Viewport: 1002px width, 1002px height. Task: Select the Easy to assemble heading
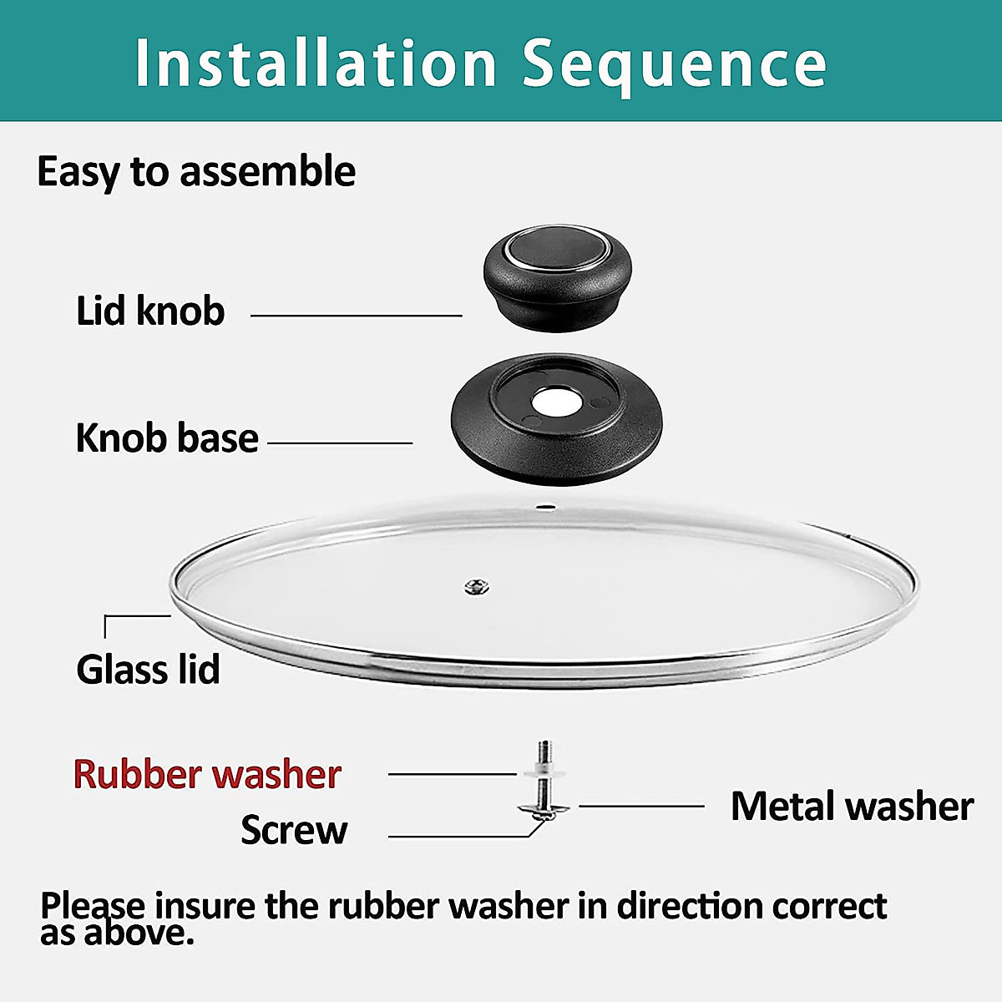tap(196, 171)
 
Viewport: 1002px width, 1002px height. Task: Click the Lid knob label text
tap(150, 311)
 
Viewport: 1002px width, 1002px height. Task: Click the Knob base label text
tap(167, 438)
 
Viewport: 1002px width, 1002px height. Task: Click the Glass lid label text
tap(148, 670)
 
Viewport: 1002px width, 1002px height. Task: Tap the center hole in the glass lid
tap(477, 587)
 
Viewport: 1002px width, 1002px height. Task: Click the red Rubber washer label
tap(207, 774)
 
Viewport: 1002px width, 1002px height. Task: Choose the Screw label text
tap(294, 830)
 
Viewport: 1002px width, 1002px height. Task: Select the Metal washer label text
tap(852, 807)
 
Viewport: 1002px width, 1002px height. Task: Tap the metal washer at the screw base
tap(544, 807)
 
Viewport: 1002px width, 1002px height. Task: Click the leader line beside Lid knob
tap(356, 316)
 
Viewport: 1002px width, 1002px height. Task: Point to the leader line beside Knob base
tap(340, 443)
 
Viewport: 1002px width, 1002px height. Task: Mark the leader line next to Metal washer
tap(641, 807)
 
